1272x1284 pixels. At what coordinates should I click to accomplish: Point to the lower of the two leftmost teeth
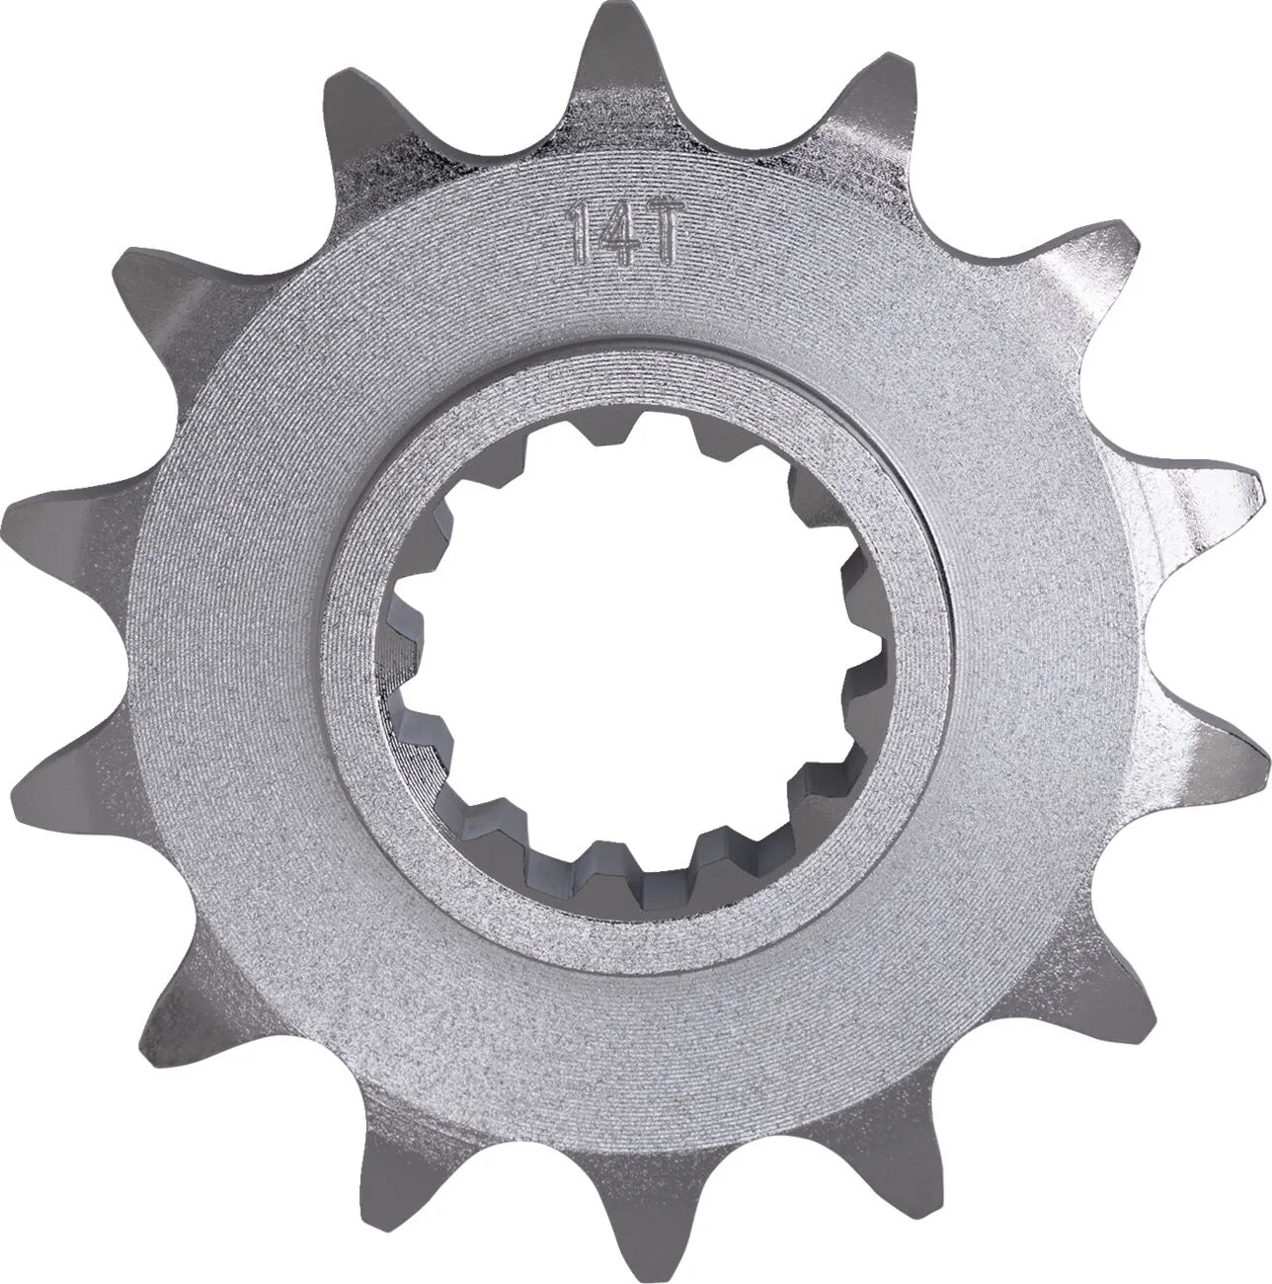click(35, 780)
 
